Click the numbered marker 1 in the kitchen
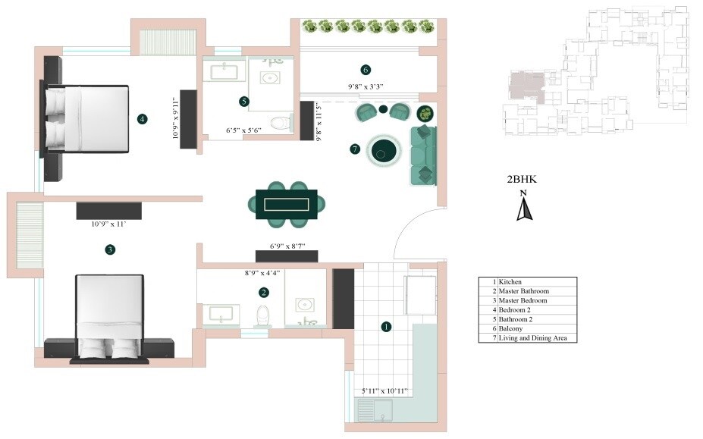(386, 327)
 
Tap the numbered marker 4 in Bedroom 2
(142, 118)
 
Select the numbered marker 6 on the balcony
(366, 71)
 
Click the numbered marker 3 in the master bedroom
(110, 249)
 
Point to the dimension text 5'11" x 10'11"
(384, 391)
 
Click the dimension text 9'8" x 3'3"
(366, 86)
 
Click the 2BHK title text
(522, 180)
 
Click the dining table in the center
(288, 204)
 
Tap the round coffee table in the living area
(384, 150)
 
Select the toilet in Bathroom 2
(280, 121)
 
